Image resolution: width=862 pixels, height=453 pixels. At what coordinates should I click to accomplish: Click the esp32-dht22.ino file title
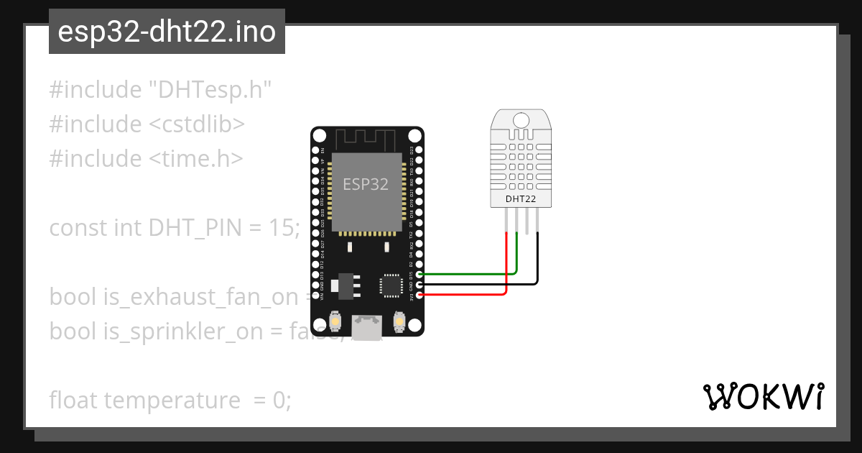[167, 32]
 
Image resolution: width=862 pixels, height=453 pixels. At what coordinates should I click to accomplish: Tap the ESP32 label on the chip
[365, 184]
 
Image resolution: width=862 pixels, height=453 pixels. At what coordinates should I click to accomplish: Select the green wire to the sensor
[467, 274]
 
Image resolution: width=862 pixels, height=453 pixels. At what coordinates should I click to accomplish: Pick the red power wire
[467, 294]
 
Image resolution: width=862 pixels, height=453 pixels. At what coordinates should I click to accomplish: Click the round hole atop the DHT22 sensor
[522, 119]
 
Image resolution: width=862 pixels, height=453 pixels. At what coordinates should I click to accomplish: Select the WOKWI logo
[763, 397]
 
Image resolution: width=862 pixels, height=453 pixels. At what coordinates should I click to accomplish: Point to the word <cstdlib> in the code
[197, 124]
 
